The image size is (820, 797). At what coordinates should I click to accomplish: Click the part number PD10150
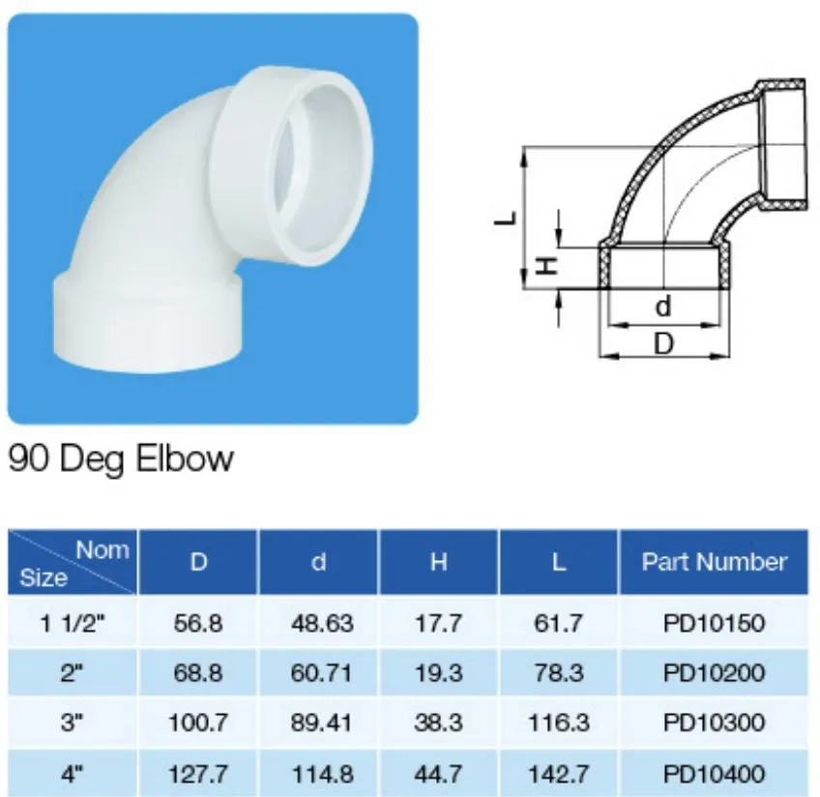(x=715, y=623)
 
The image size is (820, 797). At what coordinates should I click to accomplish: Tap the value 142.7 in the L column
(x=558, y=773)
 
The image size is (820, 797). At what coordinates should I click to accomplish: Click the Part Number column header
(x=715, y=561)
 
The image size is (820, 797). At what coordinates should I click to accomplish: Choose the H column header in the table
(x=439, y=562)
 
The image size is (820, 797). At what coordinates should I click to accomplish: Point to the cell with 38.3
(x=439, y=723)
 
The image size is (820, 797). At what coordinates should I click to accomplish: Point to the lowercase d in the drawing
(x=662, y=307)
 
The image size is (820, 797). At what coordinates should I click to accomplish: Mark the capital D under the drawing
(x=663, y=343)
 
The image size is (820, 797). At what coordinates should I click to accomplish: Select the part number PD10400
(x=715, y=773)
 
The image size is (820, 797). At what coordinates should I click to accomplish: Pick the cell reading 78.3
(x=558, y=673)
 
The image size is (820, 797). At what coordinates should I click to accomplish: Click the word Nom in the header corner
(x=102, y=550)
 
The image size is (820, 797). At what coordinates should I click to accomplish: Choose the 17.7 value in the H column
(x=439, y=623)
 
